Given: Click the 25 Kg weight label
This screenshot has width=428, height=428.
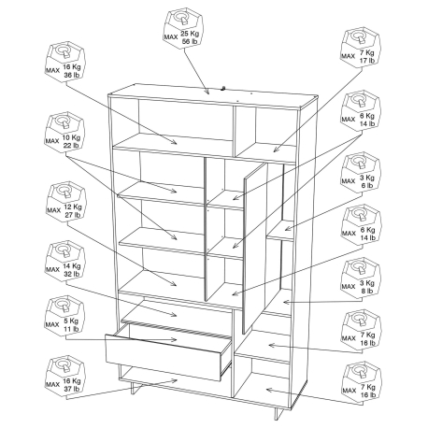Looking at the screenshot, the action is coord(190,34).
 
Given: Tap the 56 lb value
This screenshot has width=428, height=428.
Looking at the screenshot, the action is coord(190,41).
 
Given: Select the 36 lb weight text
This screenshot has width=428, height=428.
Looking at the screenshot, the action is coord(72,75).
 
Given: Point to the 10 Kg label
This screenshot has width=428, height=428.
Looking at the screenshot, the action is coord(71,137).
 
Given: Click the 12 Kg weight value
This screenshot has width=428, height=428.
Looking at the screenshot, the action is coord(73,207).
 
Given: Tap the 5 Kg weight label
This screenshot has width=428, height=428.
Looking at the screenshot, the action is coord(72,321).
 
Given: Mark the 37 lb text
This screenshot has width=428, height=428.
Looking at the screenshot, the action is coord(72,389).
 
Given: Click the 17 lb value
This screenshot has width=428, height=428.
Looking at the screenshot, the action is coord(367,61).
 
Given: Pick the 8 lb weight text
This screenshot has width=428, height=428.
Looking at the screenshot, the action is coord(367,291).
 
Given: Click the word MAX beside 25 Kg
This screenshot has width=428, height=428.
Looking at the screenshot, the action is coord(171,37).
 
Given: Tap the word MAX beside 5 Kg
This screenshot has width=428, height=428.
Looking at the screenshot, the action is coord(52,324).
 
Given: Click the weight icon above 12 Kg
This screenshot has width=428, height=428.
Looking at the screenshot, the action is coord(65,192).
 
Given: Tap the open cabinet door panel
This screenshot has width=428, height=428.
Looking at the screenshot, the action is coord(254,248).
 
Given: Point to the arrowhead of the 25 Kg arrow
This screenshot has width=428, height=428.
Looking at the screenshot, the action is coord(207,92).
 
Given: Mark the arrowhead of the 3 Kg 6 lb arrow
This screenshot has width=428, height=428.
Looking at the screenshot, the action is coord(287,229).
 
